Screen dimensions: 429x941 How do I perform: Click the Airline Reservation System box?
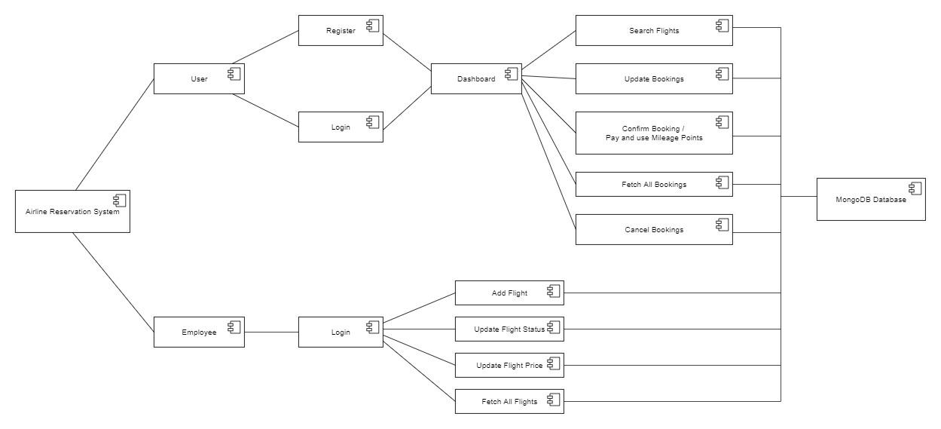(x=72, y=211)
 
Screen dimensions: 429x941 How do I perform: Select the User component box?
(x=199, y=78)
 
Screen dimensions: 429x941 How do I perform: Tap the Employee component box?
(x=199, y=332)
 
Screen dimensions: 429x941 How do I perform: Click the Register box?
(x=341, y=30)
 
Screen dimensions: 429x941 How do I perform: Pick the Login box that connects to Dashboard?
(x=341, y=127)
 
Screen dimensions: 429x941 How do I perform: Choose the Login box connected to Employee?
(x=341, y=332)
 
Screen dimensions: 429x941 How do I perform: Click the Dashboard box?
(x=476, y=78)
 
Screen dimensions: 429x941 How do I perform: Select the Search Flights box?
(x=654, y=30)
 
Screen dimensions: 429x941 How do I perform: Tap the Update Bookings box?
(x=654, y=78)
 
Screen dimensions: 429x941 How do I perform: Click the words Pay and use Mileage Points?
(x=654, y=138)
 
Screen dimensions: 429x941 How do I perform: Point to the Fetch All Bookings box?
(x=654, y=184)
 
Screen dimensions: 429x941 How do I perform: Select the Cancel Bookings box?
(x=654, y=229)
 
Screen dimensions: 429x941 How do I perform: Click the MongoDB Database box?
(x=871, y=200)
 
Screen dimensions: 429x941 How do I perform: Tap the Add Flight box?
(x=509, y=293)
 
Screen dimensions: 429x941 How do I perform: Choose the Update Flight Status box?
(x=509, y=329)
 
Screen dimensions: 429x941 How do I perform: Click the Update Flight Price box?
(x=509, y=365)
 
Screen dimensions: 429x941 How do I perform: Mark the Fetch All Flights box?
(x=509, y=401)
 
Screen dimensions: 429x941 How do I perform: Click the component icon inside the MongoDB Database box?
(x=915, y=188)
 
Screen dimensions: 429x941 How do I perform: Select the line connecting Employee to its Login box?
(x=271, y=332)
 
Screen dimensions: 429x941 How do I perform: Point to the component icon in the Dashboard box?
(x=510, y=74)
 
